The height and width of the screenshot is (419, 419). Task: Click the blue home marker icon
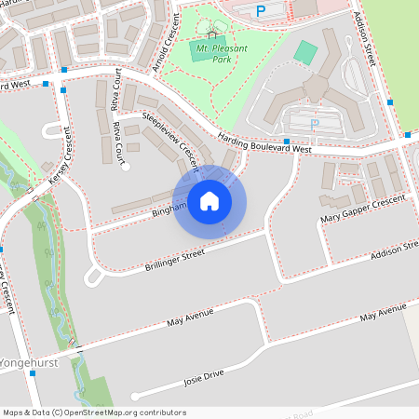pos(209,201)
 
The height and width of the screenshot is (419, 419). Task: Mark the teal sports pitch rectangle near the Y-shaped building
pos(304,51)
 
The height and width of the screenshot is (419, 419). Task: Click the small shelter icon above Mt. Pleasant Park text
pos(212,34)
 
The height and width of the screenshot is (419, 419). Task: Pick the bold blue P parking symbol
pos(261,10)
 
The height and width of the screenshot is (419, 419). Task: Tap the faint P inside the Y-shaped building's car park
pos(314,122)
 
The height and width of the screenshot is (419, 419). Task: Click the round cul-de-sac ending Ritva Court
pos(125,167)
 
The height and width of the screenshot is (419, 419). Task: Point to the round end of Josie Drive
pos(136,396)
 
